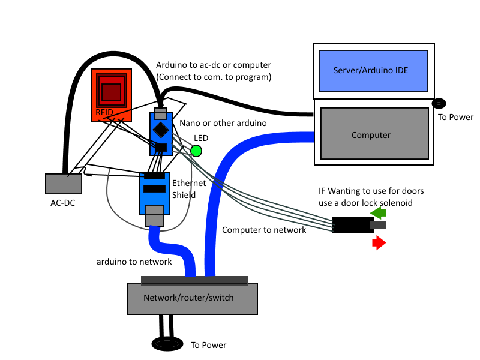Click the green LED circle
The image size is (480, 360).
(196, 151)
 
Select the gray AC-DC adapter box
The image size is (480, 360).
(64, 184)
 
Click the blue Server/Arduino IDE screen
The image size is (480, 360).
(373, 70)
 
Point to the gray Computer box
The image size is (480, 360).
(373, 136)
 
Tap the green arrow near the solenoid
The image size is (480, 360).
(378, 213)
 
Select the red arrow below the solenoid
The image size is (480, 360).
(378, 242)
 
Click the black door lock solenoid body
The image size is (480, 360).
(353, 226)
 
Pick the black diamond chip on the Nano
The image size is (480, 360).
(160, 130)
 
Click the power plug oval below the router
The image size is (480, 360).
(167, 344)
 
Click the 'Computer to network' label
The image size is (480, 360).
(264, 230)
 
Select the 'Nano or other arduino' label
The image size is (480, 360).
(223, 123)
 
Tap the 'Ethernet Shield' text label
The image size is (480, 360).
(189, 189)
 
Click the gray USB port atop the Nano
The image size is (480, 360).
(160, 113)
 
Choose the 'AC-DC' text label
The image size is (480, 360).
(62, 203)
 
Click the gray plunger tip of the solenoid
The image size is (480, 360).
(379, 226)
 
